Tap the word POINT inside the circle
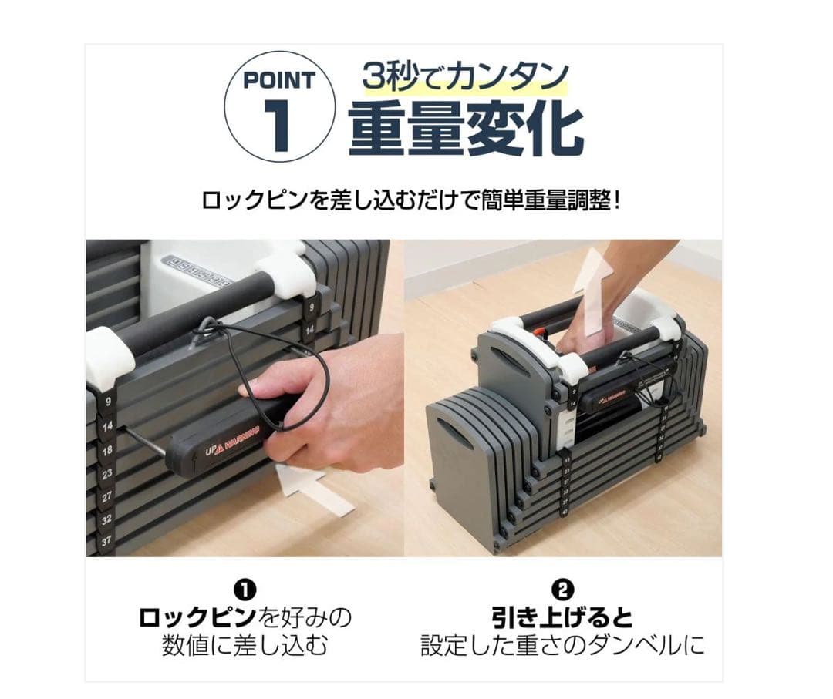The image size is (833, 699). tap(279, 80)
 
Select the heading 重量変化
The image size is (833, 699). tap(465, 129)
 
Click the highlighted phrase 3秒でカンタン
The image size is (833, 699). tap(466, 77)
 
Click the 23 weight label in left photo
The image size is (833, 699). tap(107, 474)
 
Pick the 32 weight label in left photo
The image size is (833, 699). tap(107, 519)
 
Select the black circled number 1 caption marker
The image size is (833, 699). tap(245, 590)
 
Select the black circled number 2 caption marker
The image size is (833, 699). tap(563, 590)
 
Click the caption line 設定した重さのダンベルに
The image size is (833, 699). tap(563, 644)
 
